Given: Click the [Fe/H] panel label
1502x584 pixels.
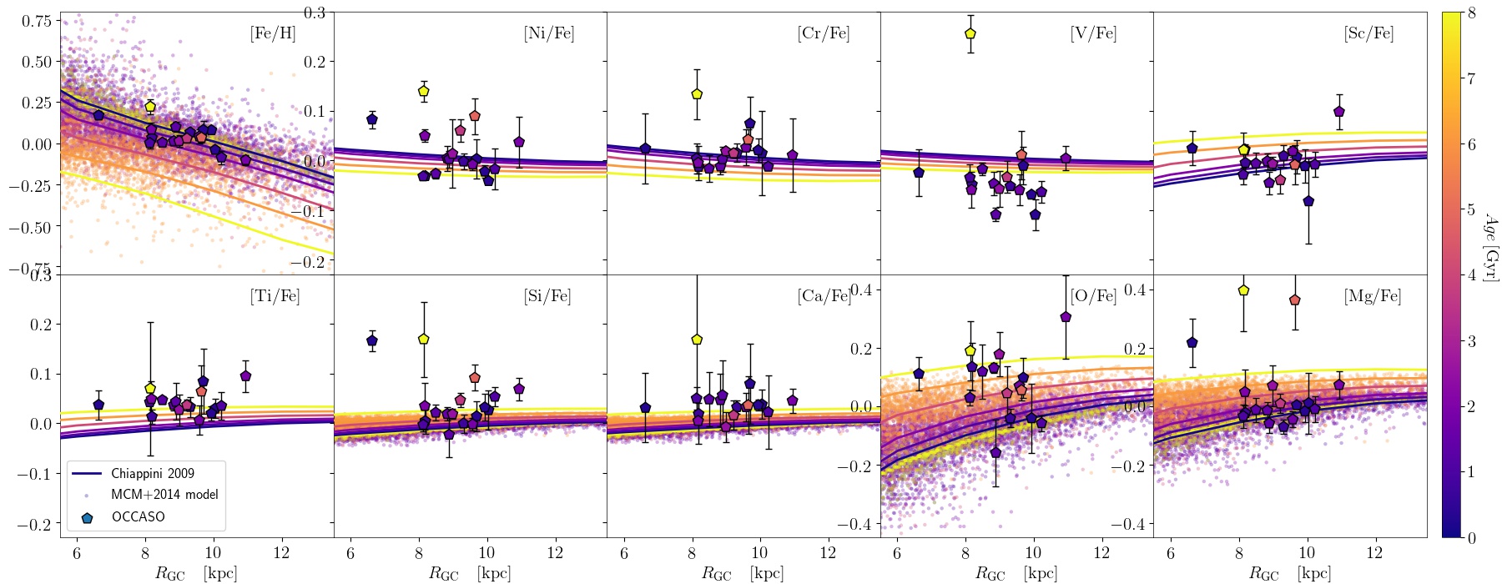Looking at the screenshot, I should click(x=273, y=34).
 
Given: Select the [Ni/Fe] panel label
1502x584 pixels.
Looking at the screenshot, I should click(x=549, y=34).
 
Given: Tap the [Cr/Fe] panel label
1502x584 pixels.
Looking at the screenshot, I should click(x=824, y=34).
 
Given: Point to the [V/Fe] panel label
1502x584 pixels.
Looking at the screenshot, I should click(x=1093, y=34).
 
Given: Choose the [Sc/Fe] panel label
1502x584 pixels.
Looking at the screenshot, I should click(x=1368, y=34).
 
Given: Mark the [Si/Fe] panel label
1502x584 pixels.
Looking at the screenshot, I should click(x=547, y=296).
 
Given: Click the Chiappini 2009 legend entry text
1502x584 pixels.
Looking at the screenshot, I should click(x=153, y=473).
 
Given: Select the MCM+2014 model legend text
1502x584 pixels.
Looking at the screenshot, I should click(x=164, y=495).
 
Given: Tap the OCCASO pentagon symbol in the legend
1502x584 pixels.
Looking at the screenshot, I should click(x=87, y=517).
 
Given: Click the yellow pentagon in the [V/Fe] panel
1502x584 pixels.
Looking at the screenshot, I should click(x=970, y=33).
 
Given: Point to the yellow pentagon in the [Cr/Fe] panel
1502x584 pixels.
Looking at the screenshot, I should click(x=697, y=94).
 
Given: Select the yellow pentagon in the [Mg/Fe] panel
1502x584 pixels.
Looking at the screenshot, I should click(x=1243, y=290).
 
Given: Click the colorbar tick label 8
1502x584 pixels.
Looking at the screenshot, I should click(x=1472, y=13).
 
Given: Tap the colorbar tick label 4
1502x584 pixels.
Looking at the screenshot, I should click(x=1472, y=275).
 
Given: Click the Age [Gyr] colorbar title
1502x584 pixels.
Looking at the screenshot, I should click(x=1490, y=246).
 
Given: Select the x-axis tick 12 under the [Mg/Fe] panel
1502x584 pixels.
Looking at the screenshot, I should click(x=1374, y=553).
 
